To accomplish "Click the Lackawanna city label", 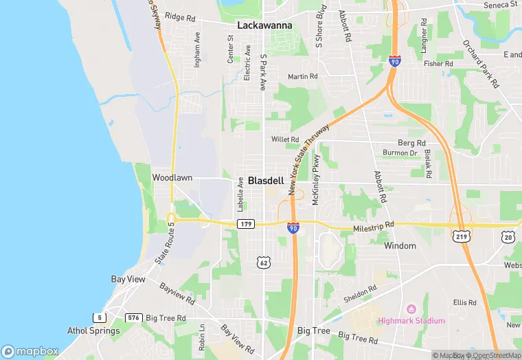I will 264,25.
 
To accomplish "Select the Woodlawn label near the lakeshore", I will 172,177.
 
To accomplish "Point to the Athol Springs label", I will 93,330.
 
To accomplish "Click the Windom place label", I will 400,245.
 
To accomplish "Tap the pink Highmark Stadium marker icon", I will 411,308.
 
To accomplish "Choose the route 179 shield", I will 246,224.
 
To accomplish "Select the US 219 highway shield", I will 459,236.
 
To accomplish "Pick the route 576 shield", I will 133,318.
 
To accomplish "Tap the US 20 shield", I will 508,236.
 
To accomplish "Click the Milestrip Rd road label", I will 374,225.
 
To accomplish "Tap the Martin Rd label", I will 303,76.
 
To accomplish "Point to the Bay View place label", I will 128,280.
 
